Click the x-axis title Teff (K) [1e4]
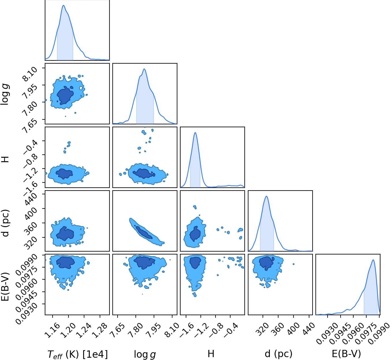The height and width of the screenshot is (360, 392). [x=78, y=354]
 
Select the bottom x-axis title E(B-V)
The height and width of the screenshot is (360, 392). [x=346, y=354]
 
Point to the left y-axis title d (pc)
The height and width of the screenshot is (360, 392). [x=5, y=223]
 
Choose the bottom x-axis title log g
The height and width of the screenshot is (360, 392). [x=145, y=354]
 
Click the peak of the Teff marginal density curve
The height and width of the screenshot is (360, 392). [x=63, y=5]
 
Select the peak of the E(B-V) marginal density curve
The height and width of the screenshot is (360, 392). [x=373, y=260]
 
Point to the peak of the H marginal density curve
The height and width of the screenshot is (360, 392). [x=195, y=132]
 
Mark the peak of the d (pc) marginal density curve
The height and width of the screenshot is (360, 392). [x=267, y=196]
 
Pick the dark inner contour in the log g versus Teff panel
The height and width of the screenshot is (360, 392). [x=65, y=95]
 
